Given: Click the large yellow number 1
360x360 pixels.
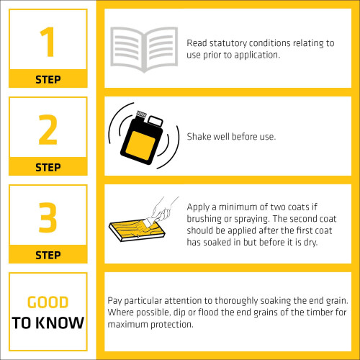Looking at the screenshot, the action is coord(48,42).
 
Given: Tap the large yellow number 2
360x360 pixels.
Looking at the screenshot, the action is coord(48,130).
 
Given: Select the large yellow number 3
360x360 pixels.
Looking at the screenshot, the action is coord(48,217).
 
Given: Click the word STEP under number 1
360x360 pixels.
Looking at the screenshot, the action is coord(48,79).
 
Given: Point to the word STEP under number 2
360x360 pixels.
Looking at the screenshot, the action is coord(48,167).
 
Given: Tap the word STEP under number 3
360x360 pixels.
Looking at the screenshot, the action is coord(48,255).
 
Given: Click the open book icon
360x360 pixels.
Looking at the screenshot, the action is coord(144,50).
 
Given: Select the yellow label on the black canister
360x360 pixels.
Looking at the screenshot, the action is coord(140,145).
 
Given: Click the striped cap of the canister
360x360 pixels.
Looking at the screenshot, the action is coord(141,114).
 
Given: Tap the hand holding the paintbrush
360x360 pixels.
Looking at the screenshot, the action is coord(163,209).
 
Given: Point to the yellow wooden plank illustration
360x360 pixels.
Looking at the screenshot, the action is coord(137,230).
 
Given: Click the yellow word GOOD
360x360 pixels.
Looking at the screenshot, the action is coord(48,302).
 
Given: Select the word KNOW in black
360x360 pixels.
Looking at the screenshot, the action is coord(61,323).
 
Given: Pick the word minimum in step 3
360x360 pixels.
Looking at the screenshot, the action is coord(238,207).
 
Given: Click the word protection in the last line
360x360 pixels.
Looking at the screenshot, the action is coord(172,325).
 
